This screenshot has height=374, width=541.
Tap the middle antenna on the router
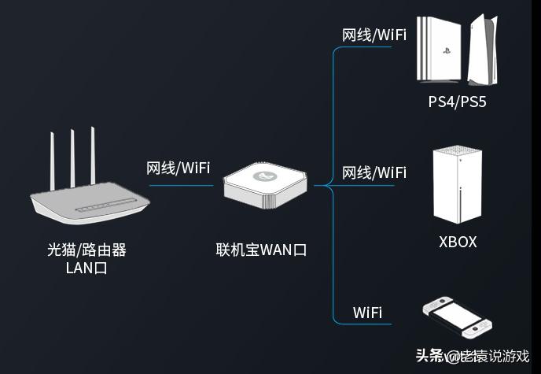(72, 157)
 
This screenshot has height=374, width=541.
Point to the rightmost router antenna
(92, 156)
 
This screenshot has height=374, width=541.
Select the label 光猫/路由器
(86, 250)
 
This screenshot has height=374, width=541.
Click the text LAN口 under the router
(86, 268)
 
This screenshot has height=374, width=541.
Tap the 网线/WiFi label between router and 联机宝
(178, 168)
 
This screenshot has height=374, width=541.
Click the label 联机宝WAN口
(261, 250)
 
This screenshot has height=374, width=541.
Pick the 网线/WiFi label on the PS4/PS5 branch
(374, 35)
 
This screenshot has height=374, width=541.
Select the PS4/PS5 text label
(457, 102)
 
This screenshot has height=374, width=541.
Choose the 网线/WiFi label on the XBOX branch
(374, 172)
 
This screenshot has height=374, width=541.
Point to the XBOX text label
(458, 242)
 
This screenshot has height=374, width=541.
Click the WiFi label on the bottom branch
(367, 313)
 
